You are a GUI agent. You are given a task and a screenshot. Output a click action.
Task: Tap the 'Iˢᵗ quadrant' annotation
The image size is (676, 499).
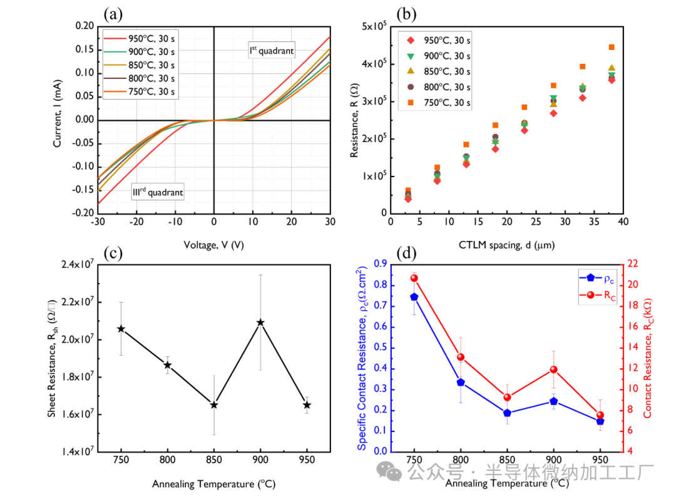point(271,50)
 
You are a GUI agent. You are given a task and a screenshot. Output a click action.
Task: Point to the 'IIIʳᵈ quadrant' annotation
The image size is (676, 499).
point(157,192)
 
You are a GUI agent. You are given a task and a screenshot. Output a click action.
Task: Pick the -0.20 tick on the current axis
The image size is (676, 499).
point(82,213)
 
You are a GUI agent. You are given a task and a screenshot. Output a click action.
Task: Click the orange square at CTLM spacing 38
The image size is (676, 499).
point(612,47)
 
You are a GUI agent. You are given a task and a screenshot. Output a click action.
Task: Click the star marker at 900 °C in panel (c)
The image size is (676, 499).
point(260,322)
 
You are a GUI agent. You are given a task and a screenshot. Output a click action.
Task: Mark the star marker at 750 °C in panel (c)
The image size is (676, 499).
point(121,329)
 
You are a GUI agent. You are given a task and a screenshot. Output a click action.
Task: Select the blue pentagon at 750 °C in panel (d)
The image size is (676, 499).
point(414,297)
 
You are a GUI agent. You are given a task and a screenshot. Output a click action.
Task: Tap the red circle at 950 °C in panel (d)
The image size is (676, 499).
point(600,415)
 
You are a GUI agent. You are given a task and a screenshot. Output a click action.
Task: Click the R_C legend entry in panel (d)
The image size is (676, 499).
point(598,295)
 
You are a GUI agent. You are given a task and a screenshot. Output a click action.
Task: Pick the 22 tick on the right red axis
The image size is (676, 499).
point(634,264)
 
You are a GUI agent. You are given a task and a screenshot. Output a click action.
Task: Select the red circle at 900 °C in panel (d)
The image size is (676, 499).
point(553,369)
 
